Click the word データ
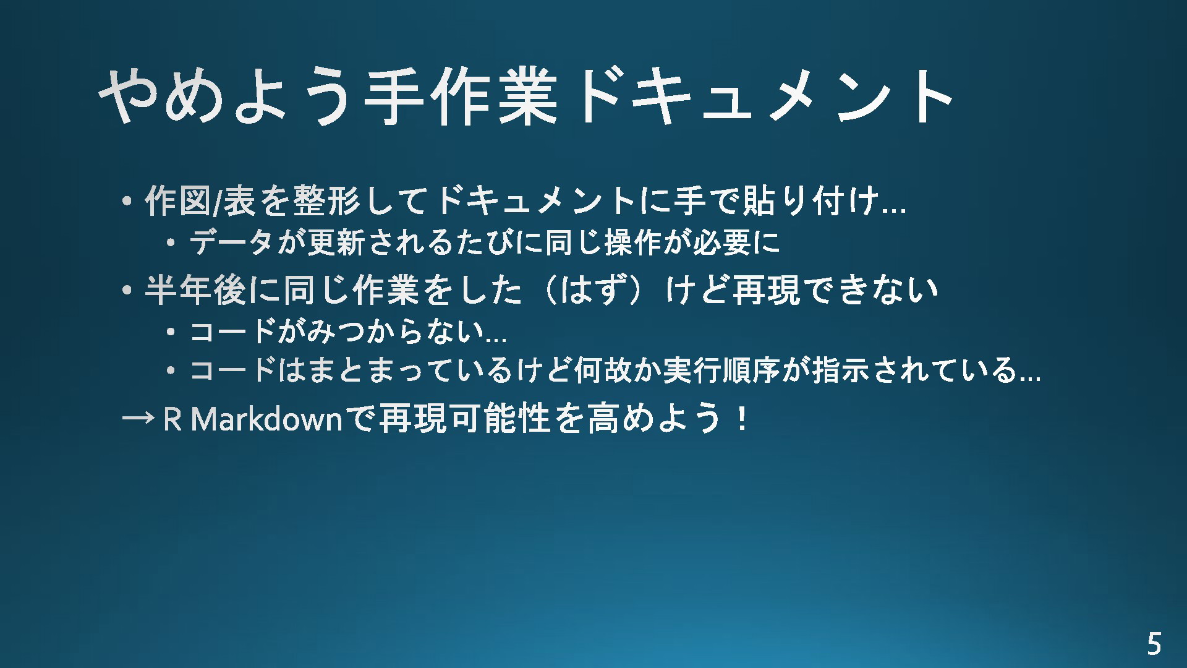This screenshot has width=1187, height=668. [231, 242]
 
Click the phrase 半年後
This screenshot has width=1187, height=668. [195, 289]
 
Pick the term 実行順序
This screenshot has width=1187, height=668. [721, 370]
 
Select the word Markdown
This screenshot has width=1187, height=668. [267, 419]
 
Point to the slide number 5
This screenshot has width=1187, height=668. [1154, 644]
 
